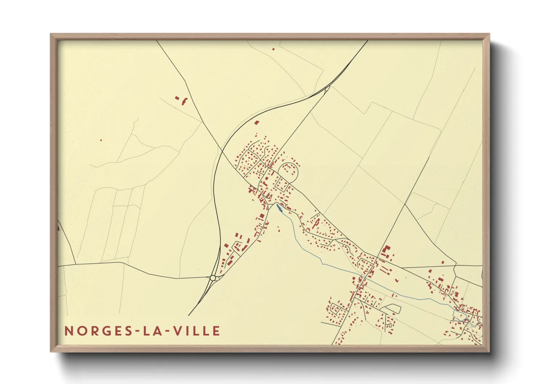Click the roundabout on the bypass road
(x=213, y=278)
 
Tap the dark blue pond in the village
(x=279, y=207)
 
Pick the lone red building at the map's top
(x=273, y=49)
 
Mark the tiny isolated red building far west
(x=101, y=140)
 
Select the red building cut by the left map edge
(x=58, y=228)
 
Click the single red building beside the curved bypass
(x=257, y=123)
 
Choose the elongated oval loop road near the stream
(x=392, y=309)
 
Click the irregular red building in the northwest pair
(x=185, y=101)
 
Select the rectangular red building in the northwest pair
(x=177, y=98)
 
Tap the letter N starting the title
(x=69, y=331)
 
